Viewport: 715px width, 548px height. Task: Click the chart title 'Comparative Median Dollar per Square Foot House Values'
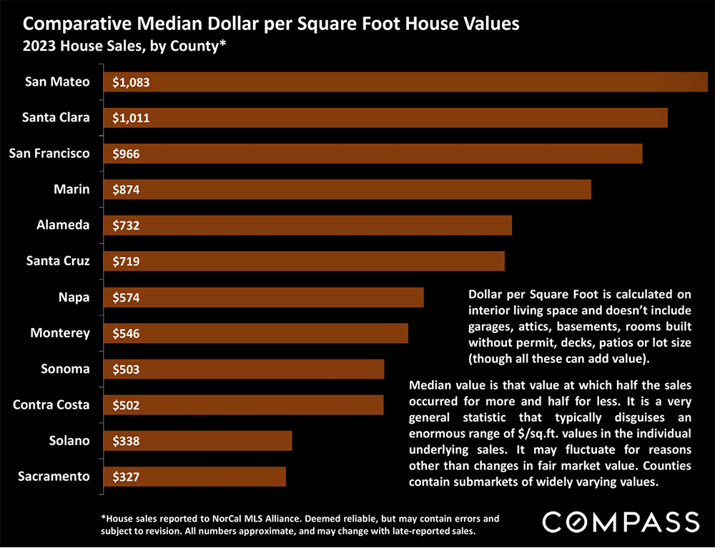click(x=271, y=24)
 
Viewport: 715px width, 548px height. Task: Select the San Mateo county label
click(x=57, y=81)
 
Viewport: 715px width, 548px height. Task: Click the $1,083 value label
click(x=131, y=82)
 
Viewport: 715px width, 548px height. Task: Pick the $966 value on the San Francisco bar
click(x=126, y=154)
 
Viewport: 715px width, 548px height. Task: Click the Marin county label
click(x=71, y=189)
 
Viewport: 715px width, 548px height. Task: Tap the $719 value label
click(x=126, y=261)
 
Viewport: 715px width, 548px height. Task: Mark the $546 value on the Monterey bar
click(x=126, y=334)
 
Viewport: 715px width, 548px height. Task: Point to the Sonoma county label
click(x=65, y=369)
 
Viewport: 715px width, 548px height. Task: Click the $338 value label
click(x=126, y=442)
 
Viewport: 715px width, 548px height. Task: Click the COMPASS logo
click(x=621, y=522)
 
